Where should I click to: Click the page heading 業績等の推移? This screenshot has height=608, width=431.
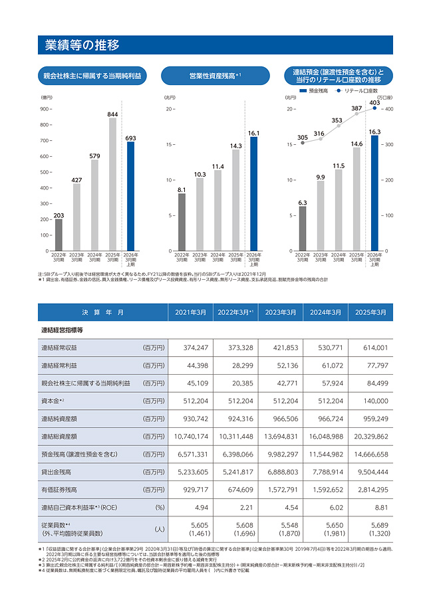coord(82,45)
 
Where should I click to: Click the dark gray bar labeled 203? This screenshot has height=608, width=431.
coord(59,235)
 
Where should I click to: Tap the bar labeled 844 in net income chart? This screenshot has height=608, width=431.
coord(112,184)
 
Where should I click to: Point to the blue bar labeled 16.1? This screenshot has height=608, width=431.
coord(253,193)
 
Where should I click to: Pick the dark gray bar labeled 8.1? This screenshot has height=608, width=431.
coord(182,222)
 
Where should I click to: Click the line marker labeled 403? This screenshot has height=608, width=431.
coord(374,109)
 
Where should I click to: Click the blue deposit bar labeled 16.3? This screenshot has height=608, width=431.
coord(374,193)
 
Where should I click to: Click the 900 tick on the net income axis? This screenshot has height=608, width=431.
coord(45,109)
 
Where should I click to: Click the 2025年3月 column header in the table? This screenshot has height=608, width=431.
coord(371,312)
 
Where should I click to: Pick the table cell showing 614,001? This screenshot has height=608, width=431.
coord(371,348)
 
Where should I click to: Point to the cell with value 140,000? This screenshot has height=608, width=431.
coord(371,401)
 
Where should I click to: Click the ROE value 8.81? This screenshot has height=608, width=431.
coord(371,508)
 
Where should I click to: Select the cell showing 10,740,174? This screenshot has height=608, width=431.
coord(190,437)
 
